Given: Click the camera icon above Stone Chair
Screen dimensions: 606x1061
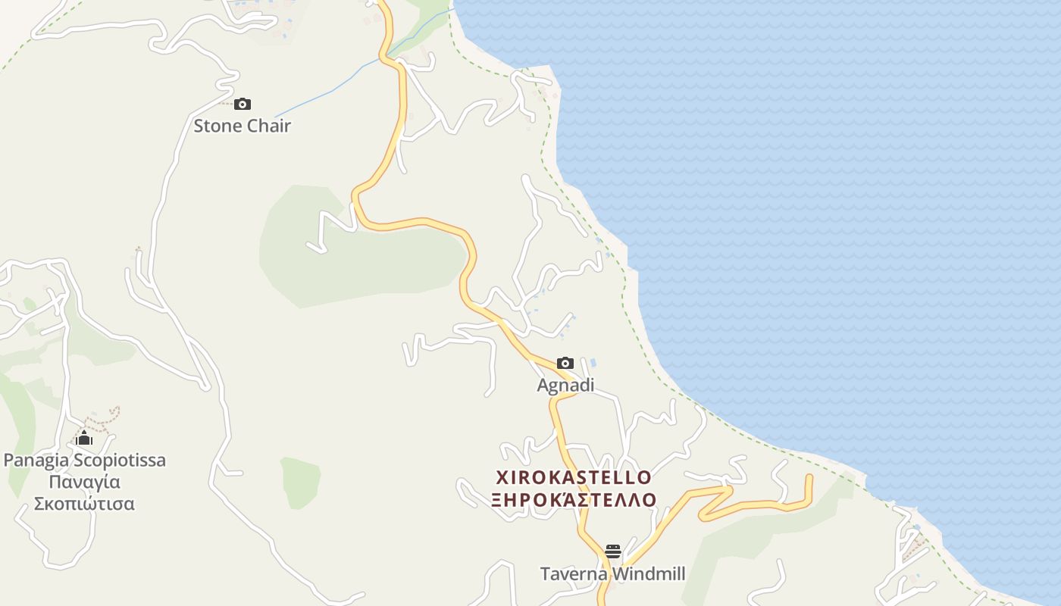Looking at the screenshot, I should pos(243,105).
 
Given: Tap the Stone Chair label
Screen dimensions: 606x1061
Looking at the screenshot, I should pos(242,126).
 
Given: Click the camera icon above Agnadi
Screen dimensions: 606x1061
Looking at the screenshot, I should pos(565,364).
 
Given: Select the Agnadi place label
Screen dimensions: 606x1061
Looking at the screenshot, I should pos(565,386).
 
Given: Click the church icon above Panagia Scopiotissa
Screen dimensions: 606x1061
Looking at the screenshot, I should pos(84,439).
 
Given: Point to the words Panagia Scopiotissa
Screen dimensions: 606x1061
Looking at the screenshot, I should pos(85,461).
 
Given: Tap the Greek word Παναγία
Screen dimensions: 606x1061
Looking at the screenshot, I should pos(85,483).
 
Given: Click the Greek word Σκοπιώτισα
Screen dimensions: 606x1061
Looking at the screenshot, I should pos(85,504).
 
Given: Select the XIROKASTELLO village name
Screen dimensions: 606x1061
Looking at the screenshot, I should pos(574,477).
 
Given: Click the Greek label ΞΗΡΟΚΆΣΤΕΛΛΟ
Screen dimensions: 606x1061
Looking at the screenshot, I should pos(574,500).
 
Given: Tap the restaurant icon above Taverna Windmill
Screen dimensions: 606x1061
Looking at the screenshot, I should pos(613,551).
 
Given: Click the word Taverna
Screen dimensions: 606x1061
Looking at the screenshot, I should pos(574,574).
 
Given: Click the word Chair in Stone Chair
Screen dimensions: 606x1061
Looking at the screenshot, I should pos(268,126).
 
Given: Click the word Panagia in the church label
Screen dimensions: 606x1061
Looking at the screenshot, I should pos(36,461).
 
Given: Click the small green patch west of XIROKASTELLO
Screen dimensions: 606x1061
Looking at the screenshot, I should pos(300,481).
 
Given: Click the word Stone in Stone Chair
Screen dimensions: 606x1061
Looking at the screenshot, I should pos(218,126).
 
